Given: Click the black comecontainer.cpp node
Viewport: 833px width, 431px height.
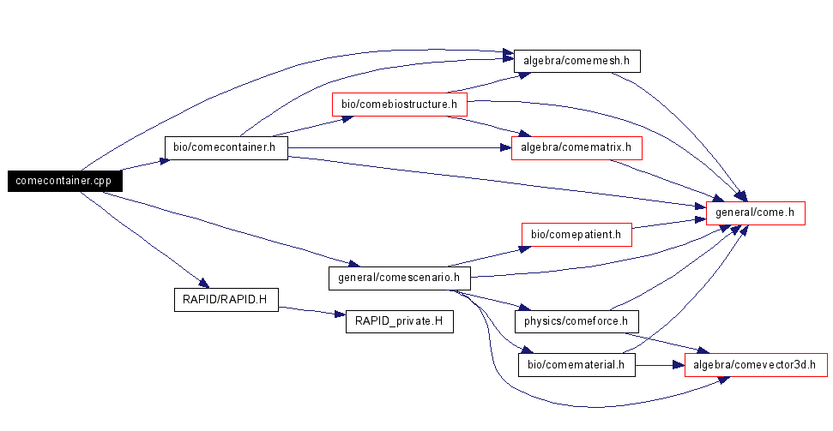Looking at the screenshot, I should click(65, 181).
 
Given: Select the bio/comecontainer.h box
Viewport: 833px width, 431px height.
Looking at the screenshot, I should click(224, 147).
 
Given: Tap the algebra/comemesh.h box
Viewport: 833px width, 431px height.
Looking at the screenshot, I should click(576, 61).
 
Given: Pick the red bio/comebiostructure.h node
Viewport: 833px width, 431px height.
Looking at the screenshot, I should click(399, 105).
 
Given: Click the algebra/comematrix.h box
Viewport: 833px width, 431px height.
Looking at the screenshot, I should click(576, 147).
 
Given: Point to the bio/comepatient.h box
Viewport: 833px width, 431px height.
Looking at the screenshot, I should click(576, 233).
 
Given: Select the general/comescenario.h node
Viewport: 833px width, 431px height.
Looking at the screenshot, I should click(399, 277).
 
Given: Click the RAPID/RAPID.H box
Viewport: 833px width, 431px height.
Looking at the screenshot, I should click(225, 299).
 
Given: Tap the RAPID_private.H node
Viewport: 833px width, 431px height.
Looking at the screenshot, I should click(399, 322).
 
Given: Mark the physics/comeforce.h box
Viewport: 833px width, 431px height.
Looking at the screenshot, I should click(576, 321).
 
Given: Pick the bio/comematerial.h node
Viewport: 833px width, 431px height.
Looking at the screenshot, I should click(576, 365).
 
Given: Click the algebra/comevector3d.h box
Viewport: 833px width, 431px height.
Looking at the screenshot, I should click(755, 365).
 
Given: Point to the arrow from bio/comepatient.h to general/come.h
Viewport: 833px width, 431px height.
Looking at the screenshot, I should click(668, 224).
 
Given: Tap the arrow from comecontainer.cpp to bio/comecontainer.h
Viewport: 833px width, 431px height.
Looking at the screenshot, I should click(142, 165).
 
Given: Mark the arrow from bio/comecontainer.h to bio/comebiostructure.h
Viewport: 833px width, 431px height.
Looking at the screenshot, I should click(313, 126).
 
